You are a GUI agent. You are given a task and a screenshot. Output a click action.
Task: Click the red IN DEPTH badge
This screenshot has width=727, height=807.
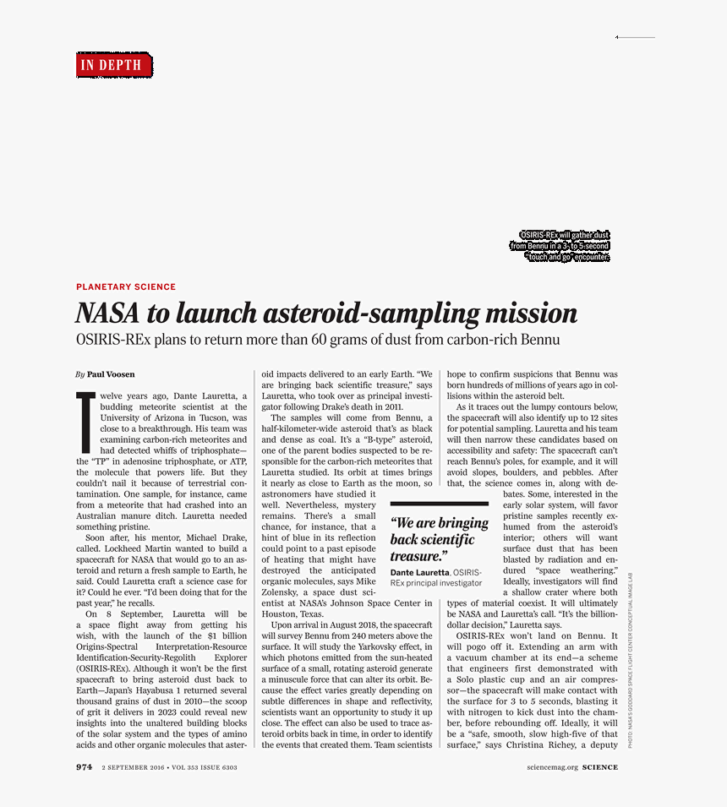pyautogui.click(x=114, y=65)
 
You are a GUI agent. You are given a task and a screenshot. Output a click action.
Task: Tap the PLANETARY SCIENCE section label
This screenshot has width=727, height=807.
pyautogui.click(x=126, y=287)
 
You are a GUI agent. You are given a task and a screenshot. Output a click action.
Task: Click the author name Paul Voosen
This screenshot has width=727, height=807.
pyautogui.click(x=111, y=374)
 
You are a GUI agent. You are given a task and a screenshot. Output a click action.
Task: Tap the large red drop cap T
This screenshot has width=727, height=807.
pyautogui.click(x=85, y=422)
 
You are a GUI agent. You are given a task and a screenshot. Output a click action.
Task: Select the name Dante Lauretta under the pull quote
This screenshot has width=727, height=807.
pyautogui.click(x=419, y=573)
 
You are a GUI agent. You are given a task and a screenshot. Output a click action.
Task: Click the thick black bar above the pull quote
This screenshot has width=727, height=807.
pyautogui.click(x=439, y=504)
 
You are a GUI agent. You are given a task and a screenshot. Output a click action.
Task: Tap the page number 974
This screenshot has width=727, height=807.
pyautogui.click(x=84, y=767)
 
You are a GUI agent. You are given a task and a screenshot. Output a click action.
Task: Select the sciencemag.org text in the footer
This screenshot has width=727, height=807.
pyautogui.click(x=552, y=768)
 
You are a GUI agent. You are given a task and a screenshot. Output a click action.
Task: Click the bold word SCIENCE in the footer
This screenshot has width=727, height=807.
pyautogui.click(x=599, y=768)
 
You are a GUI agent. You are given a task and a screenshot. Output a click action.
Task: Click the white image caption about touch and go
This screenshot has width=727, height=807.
pyautogui.click(x=560, y=246)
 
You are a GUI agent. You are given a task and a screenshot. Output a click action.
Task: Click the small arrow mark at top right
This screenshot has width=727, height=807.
pyautogui.click(x=618, y=37)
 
